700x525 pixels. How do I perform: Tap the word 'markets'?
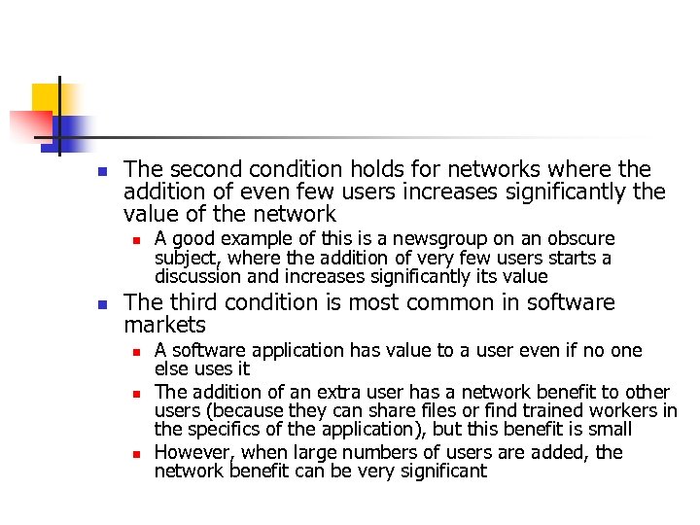click(164, 325)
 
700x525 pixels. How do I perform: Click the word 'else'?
click(171, 369)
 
